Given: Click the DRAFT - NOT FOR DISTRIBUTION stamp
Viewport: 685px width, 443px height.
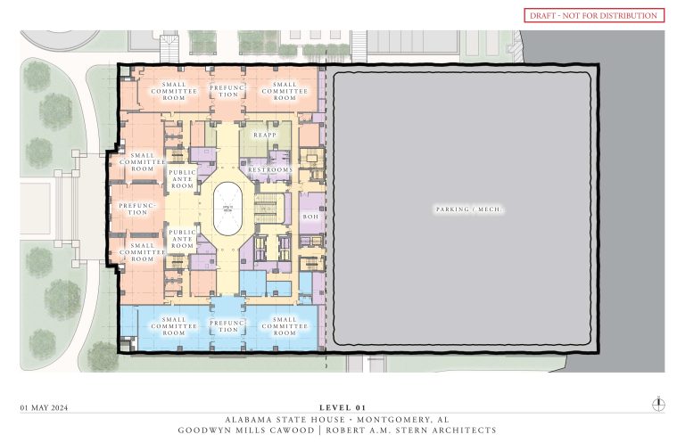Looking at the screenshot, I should [x=593, y=15].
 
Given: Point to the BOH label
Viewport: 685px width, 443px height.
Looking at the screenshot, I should [x=310, y=216].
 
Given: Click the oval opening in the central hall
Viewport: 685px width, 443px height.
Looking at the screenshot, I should [x=229, y=209].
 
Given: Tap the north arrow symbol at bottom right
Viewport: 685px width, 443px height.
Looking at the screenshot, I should [x=658, y=403].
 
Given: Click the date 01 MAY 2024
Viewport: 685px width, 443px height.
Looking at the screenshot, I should [x=45, y=407].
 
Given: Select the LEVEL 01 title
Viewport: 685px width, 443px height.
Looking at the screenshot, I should [x=342, y=407].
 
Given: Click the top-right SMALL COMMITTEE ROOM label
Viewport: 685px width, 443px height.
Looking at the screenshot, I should [x=285, y=91].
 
